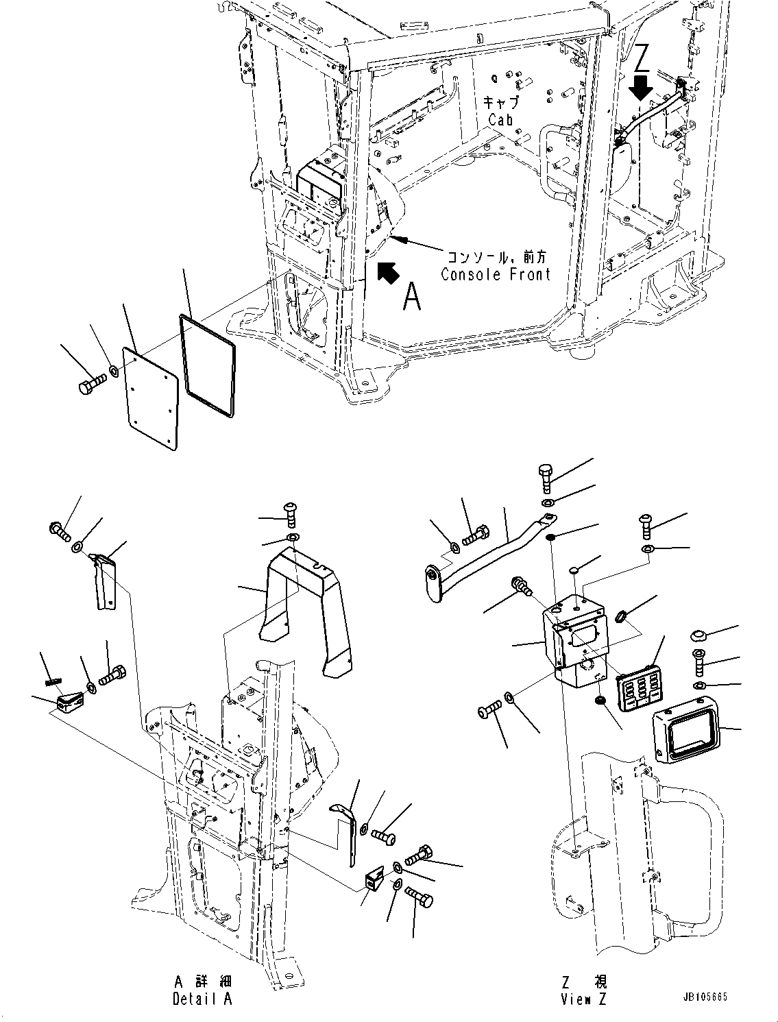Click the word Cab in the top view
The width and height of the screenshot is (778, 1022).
coord(500,119)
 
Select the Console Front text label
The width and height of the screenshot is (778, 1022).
coord(495,275)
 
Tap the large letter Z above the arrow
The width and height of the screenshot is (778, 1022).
coord(642,59)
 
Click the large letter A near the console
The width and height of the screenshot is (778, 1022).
coord(411,297)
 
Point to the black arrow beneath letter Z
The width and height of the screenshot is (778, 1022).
coord(642,88)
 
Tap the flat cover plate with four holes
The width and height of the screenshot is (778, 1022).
coord(150,397)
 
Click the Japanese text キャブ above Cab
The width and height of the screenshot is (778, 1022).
coord(501,103)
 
